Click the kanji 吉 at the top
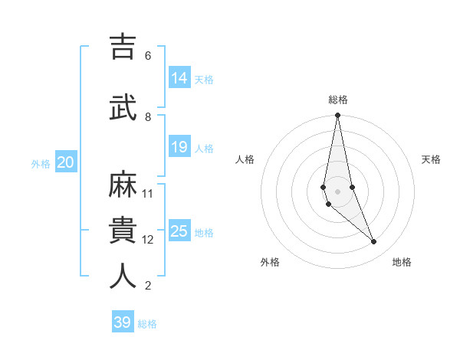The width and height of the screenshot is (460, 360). (x=123, y=47)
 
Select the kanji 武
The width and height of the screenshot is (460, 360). (x=123, y=107)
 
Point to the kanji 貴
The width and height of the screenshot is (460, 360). (x=123, y=230)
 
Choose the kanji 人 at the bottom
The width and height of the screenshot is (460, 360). (x=123, y=277)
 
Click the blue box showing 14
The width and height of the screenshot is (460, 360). (x=179, y=78)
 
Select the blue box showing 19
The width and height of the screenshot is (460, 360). (x=179, y=147)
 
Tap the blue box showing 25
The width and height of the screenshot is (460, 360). (x=179, y=231)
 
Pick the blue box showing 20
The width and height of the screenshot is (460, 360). (x=66, y=162)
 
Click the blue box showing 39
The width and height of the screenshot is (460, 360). (x=123, y=322)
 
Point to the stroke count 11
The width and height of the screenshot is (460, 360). (x=148, y=193)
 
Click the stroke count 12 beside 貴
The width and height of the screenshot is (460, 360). (x=148, y=240)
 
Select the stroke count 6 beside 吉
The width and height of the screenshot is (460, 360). (x=147, y=56)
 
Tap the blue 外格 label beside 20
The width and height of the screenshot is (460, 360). (x=41, y=163)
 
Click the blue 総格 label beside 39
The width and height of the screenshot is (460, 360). (x=147, y=324)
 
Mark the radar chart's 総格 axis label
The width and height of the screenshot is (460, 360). (x=338, y=100)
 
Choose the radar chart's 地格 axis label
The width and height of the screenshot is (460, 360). (x=402, y=262)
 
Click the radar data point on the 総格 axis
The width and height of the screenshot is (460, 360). (x=337, y=116)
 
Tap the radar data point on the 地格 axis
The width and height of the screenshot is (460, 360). (x=374, y=242)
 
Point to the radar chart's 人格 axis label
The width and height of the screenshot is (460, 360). (x=245, y=159)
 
